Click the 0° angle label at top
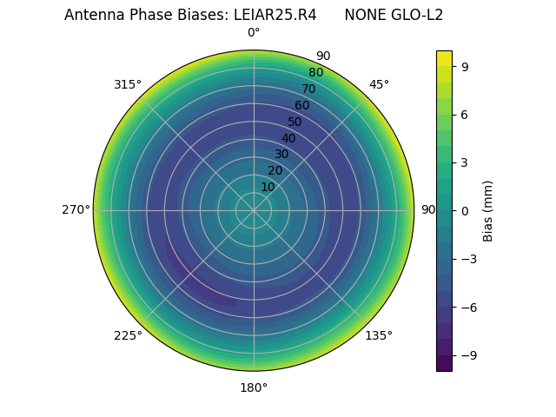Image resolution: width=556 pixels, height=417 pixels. tap(254, 33)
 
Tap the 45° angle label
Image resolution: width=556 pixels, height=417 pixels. tap(379, 84)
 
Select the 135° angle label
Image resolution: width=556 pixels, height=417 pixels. tap(379, 335)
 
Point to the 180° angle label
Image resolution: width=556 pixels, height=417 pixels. tap(254, 387)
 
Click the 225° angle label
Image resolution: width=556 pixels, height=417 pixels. tap(128, 335)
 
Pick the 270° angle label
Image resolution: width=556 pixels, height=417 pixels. tap(76, 209)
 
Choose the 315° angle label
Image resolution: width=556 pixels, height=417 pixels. tap(128, 84)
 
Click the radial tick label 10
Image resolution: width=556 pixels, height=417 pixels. tap(268, 187)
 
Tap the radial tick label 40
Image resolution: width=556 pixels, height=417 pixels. tap(288, 138)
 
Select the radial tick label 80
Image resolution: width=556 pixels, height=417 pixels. tap(315, 73)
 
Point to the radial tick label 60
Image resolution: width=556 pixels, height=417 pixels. tap(301, 106)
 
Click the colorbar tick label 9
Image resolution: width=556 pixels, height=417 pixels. tap(465, 66)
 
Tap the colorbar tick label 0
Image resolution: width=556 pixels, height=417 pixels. tap(465, 210)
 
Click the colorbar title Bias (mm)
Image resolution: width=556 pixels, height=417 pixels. tap(488, 210)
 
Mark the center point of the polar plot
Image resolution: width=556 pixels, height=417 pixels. tap(254, 210)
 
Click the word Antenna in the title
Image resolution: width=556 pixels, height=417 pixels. tap(92, 15)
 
